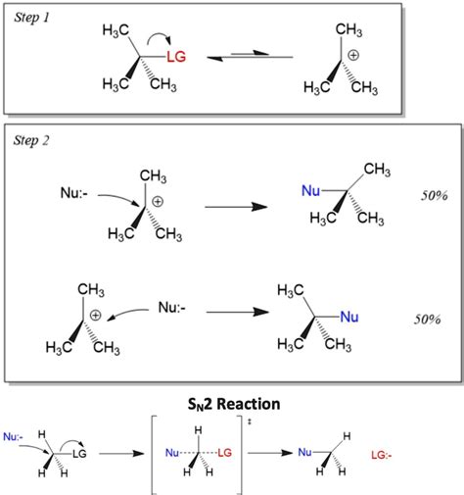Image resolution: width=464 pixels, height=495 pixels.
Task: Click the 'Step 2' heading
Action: pyautogui.click(x=34, y=140)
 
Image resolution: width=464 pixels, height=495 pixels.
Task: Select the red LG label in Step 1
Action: pyautogui.click(x=176, y=58)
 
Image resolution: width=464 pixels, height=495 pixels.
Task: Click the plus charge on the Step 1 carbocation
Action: pyautogui.click(x=357, y=54)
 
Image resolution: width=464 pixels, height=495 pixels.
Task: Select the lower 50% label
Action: pyautogui.click(x=432, y=321)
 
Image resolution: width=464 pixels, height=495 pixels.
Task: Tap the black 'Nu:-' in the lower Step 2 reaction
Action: pyautogui.click(x=174, y=307)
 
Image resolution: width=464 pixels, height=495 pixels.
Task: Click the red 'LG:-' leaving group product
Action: pyautogui.click(x=385, y=455)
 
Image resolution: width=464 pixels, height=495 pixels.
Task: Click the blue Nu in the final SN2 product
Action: pyautogui.click(x=305, y=452)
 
